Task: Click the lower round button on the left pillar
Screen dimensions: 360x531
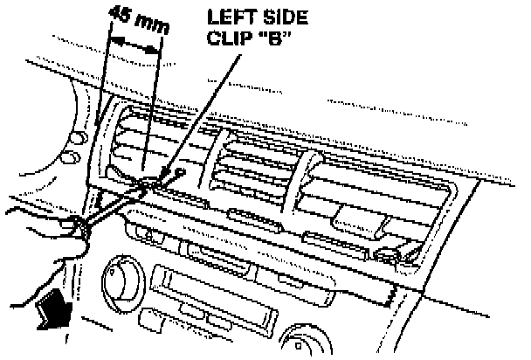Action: click(x=67, y=158)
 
